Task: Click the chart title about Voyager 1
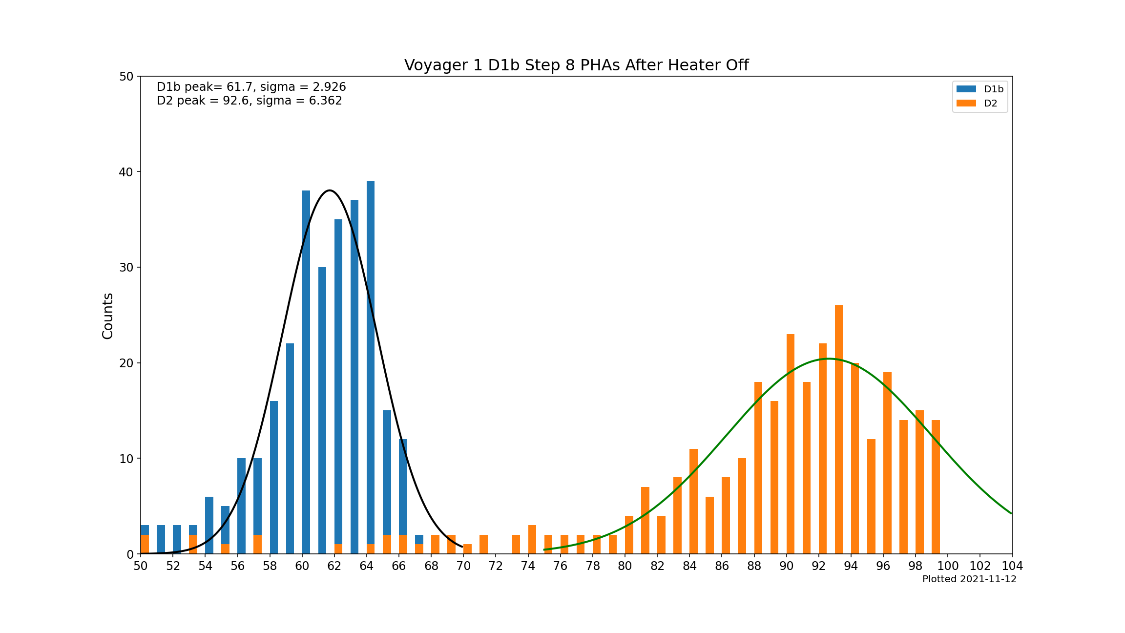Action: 576,65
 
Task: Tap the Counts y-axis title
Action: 108,316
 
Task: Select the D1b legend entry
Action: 979,89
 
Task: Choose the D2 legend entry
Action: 977,103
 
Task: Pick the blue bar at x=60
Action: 306,371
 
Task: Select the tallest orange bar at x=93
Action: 839,430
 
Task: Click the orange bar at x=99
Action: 936,486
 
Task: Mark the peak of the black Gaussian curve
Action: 330,190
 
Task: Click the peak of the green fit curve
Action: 828,359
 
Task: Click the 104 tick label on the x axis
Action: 1012,566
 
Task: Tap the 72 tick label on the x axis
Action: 496,566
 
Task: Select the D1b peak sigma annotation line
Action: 251,87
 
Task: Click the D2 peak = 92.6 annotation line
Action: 249,101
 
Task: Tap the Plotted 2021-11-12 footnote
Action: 969,579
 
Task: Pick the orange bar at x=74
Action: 532,539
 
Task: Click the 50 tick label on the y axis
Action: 126,76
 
